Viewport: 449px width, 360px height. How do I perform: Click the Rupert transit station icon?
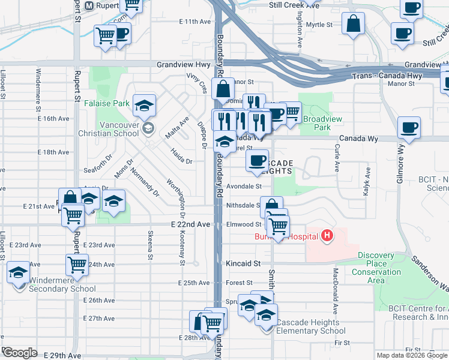[x=89, y=6]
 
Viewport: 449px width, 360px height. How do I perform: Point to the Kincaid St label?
[x=244, y=263]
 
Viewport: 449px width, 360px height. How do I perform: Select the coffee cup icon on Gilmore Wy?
[x=409, y=128]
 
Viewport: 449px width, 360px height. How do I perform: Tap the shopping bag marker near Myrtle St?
[x=354, y=25]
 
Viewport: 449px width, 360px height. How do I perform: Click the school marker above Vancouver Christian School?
[x=145, y=106]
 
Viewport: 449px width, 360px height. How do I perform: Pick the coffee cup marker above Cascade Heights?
[x=257, y=160]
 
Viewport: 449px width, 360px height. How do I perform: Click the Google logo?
[x=20, y=353]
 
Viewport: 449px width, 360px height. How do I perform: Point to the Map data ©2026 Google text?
[x=412, y=355]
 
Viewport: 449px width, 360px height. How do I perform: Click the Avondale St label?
[x=244, y=186]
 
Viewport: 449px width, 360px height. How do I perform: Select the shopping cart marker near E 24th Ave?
[x=77, y=263]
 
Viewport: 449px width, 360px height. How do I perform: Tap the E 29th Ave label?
[x=65, y=356]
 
